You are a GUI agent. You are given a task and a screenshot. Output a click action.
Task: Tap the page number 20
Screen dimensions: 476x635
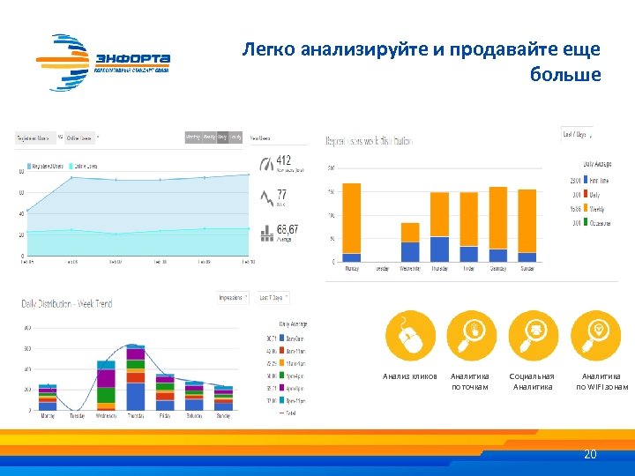[x=590, y=455]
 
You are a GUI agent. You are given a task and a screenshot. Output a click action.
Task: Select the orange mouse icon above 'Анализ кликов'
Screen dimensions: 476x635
[x=410, y=336]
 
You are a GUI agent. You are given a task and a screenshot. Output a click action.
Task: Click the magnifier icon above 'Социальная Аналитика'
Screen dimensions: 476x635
[x=533, y=336]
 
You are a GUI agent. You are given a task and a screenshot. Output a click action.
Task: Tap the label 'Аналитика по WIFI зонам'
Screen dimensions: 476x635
[x=602, y=381]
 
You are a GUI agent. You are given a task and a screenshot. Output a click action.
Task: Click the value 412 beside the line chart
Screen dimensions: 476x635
[x=284, y=160]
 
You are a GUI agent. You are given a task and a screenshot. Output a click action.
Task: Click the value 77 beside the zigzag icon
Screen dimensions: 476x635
[x=282, y=194]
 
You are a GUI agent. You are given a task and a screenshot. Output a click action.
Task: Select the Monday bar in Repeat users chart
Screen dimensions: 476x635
[x=351, y=222]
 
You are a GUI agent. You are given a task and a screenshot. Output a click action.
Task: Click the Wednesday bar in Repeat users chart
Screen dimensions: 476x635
[x=410, y=242]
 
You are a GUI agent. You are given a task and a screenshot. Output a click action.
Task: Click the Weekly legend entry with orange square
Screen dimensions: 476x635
[x=591, y=210]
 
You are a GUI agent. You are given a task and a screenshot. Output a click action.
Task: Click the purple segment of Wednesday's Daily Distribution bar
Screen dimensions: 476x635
[x=106, y=379]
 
